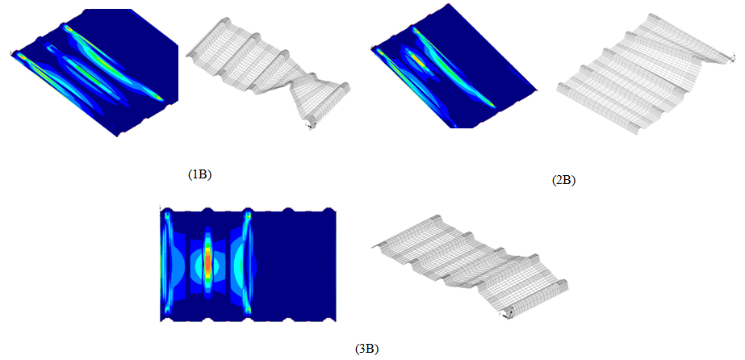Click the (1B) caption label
coord(199,175)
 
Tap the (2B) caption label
coord(564,181)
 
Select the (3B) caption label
coord(366,350)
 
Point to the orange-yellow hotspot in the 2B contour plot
coord(416,60)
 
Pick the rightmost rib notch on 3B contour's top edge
coord(329,210)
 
